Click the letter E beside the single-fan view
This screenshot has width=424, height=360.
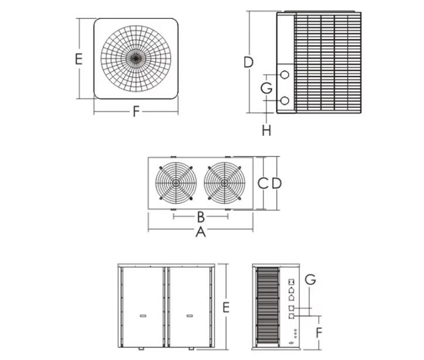coord(78,59)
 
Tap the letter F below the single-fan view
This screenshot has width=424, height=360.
coord(136,111)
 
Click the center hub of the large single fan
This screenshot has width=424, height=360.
coord(136,57)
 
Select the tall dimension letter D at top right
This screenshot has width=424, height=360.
coord(248,62)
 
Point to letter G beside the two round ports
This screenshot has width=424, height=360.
coord(266,89)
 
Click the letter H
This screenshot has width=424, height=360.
coord(266,130)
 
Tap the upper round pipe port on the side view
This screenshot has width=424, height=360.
coord(285,75)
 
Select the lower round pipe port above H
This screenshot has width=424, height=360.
coord(285,101)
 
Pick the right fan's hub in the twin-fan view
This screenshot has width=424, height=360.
coord(225,182)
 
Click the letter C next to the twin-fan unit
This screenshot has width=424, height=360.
coord(264,183)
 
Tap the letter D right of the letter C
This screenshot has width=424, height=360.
coord(276,183)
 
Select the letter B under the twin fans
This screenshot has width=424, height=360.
coord(200,217)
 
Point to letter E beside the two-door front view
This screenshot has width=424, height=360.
coord(225,307)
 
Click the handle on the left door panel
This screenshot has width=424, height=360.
coord(142,316)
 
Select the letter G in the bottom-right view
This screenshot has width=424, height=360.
coord(310,280)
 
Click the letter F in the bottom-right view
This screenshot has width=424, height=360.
coord(320,332)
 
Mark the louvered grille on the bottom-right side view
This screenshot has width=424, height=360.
coord(268,307)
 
